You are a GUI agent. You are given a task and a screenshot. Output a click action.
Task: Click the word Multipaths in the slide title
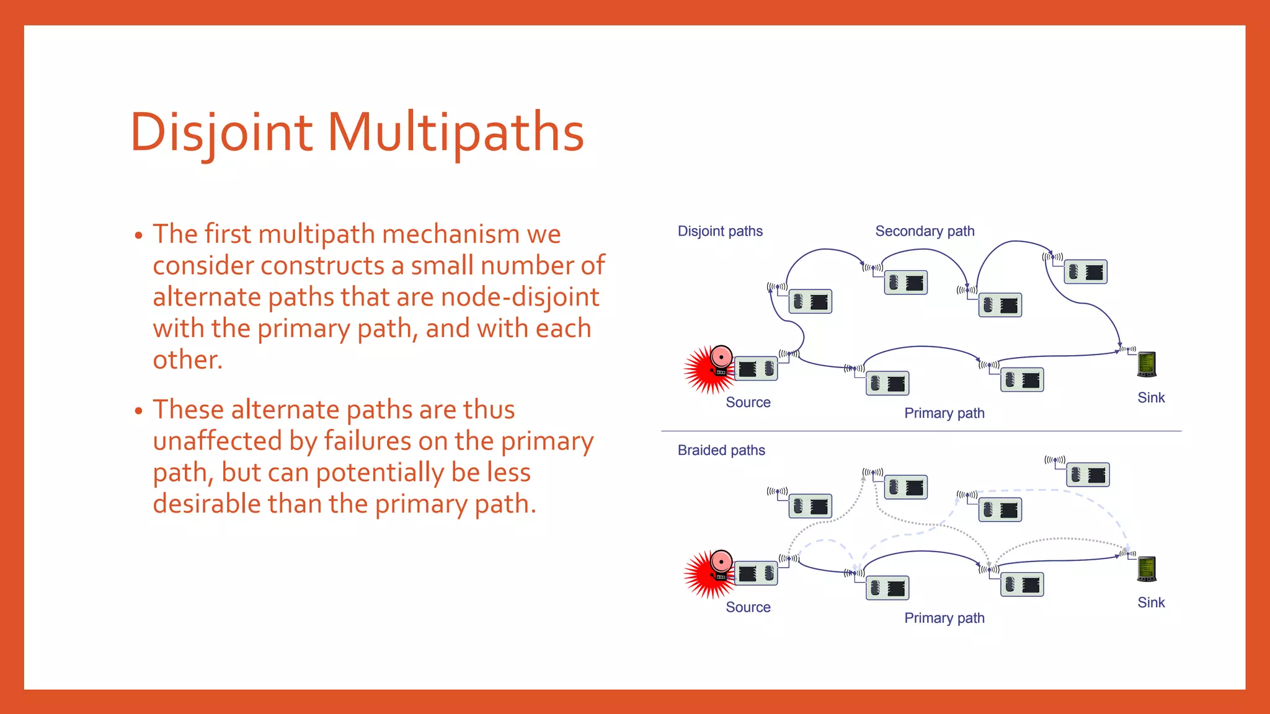click(456, 132)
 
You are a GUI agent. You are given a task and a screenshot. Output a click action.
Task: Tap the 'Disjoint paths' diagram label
click(720, 231)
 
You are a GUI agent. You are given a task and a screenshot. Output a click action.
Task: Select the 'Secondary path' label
click(925, 231)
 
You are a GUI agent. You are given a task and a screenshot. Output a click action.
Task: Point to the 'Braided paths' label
click(721, 450)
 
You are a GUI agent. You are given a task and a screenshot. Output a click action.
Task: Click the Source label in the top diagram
click(748, 402)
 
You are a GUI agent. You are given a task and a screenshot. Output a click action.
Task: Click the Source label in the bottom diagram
click(748, 607)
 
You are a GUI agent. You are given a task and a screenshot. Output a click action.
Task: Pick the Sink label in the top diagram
click(1151, 398)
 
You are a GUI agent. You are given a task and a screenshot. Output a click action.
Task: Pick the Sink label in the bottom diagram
click(1151, 602)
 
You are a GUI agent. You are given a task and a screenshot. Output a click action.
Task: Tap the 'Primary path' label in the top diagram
click(944, 413)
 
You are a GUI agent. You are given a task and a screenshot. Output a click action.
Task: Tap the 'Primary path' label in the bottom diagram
click(944, 618)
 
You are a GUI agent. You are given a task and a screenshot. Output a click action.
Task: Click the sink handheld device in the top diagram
click(1147, 364)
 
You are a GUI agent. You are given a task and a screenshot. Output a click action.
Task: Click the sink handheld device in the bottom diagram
click(1147, 569)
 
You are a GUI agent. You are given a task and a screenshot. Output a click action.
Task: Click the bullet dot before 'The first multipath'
click(138, 236)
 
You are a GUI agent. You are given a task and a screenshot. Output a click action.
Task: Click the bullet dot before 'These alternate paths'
click(138, 411)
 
